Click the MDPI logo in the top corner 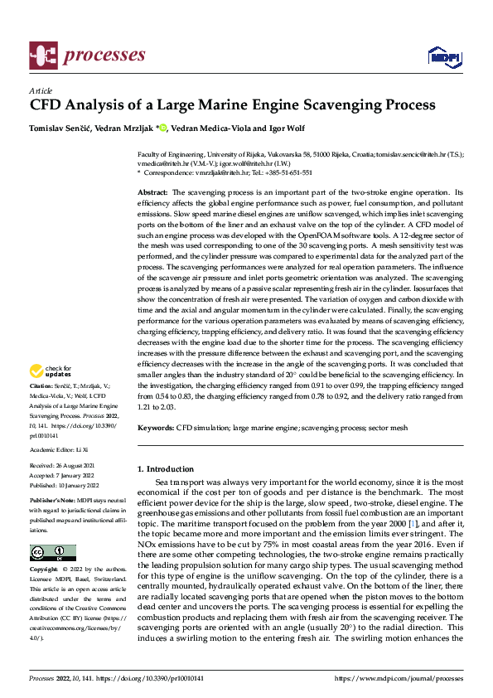pyautogui.click(x=440, y=56)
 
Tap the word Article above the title pyautogui.click(x=41, y=90)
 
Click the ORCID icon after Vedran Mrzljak pyautogui.click(x=163, y=128)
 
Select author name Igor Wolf pyautogui.click(x=288, y=128)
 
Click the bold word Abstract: pyautogui.click(x=154, y=191)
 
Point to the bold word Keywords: pyautogui.click(x=156, y=428)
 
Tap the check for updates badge pyautogui.click(x=51, y=371)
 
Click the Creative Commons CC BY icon pyautogui.click(x=52, y=553)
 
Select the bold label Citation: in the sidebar pyautogui.click(x=41, y=387)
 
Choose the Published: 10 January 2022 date pyautogui.click(x=64, y=486)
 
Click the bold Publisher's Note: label pyautogui.click(x=52, y=502)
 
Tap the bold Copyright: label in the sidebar pyautogui.click(x=44, y=570)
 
